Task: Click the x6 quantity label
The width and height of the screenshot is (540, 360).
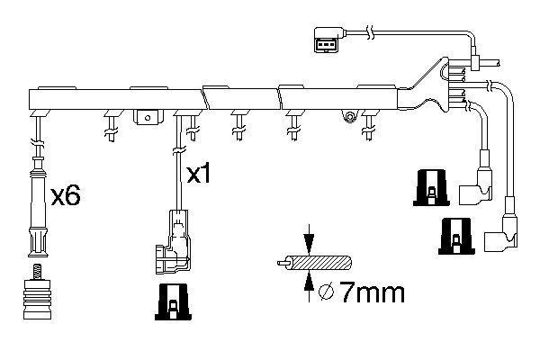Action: click(66, 195)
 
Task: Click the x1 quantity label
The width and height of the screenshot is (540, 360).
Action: click(198, 174)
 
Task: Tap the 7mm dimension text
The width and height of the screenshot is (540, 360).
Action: click(372, 292)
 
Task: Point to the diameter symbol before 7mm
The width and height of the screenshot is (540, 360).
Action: click(326, 292)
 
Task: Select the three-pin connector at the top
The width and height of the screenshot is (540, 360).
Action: click(328, 40)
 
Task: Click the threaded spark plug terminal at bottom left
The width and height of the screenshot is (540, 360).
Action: click(37, 292)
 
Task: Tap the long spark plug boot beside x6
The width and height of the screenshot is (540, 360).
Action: click(38, 207)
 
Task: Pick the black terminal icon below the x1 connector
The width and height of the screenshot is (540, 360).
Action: click(173, 301)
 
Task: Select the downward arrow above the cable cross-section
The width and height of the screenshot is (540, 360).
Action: click(309, 239)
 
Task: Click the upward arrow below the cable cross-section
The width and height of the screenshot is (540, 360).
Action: click(309, 286)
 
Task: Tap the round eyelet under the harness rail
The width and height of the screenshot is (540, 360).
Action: click(349, 116)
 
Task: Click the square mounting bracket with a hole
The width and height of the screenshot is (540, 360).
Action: click(148, 117)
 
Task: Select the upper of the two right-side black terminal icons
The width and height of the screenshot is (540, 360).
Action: click(431, 188)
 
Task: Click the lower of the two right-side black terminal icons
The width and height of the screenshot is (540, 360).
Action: click(456, 237)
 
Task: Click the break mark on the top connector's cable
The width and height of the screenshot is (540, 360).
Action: click(371, 32)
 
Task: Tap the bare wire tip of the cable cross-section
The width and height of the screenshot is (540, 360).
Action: click(282, 263)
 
